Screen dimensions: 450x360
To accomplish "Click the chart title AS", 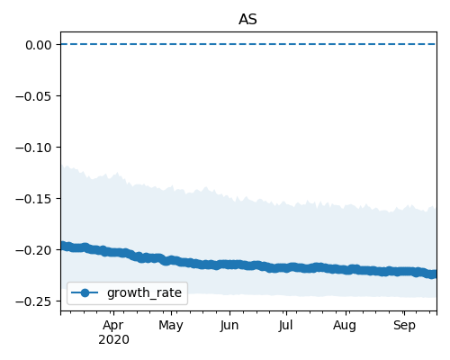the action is pos(247,20).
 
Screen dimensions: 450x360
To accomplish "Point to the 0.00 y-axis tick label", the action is pos(39,45).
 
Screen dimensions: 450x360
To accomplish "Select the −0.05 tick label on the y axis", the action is pos(33,96).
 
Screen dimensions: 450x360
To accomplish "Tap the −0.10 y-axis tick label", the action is pos(33,148).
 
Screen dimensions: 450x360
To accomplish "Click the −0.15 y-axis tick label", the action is pos(33,199).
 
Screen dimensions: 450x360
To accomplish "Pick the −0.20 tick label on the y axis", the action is pos(33,250).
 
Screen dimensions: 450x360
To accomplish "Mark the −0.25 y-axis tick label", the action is pos(33,301).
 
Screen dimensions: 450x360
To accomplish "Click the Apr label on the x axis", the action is pos(113,326).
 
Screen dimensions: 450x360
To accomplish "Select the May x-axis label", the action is pos(171,326).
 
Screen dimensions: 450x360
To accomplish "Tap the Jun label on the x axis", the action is pos(229,325).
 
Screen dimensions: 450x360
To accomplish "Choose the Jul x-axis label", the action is pos(285,325).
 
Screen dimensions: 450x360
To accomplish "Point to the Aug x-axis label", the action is pos(345,326).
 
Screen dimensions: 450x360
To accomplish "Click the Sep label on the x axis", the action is pos(404,326).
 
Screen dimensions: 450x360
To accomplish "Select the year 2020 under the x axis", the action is pos(113,340).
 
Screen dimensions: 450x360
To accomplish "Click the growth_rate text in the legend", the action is pos(144,292).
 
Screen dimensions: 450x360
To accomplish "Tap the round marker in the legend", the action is pos(85,292).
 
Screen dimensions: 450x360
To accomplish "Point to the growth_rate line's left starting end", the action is pos(63,246).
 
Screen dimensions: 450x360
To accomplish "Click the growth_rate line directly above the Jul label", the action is pos(285,267).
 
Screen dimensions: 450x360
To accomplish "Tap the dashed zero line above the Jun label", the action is pos(229,44).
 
